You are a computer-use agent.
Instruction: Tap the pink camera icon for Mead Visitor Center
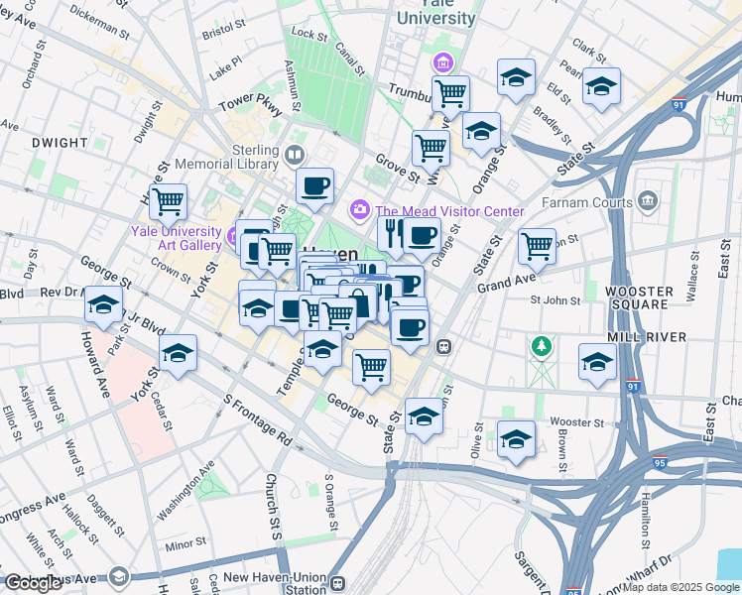(358, 210)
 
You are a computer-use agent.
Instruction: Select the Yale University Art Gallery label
(175, 238)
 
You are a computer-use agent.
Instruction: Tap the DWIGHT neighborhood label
(60, 143)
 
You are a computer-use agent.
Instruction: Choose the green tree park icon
(541, 346)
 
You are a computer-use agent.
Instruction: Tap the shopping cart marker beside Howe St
(168, 201)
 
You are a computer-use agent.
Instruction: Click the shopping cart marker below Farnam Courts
(537, 245)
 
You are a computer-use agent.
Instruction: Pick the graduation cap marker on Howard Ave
(102, 305)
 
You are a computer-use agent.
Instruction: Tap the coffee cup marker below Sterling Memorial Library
(315, 185)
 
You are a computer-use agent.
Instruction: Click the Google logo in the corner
(34, 583)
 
